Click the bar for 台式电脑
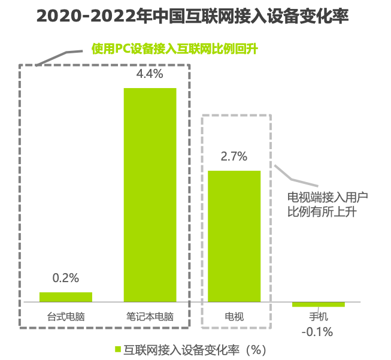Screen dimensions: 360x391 [66, 297]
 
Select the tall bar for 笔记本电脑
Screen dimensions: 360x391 [150, 195]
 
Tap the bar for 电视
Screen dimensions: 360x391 [234, 236]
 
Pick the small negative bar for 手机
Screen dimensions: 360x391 [319, 304]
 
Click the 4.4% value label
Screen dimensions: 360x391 [150, 75]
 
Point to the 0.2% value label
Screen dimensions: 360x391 [66, 279]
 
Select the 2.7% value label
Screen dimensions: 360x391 [234, 157]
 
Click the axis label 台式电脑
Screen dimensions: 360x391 [66, 317]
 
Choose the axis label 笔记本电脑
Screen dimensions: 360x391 [150, 317]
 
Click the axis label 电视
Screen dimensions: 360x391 [234, 317]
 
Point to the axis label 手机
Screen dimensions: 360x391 [319, 317]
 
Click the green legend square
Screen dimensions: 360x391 [118, 349]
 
